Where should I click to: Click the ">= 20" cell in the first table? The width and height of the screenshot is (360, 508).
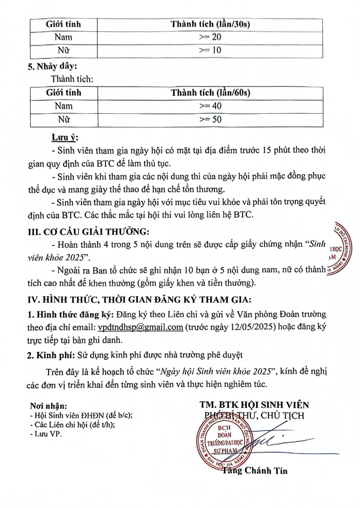point(210,37)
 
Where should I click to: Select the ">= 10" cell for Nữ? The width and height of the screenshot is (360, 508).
point(210,51)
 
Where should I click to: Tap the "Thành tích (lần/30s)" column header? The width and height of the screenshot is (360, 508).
point(210,24)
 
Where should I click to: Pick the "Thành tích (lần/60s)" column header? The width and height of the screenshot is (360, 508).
point(210,92)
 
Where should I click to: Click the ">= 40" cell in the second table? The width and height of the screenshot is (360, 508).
point(210,106)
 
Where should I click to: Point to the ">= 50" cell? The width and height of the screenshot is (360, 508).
point(210,120)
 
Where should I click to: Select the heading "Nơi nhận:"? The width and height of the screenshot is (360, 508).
point(49,406)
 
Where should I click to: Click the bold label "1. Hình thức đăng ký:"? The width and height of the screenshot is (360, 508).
point(65,313)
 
